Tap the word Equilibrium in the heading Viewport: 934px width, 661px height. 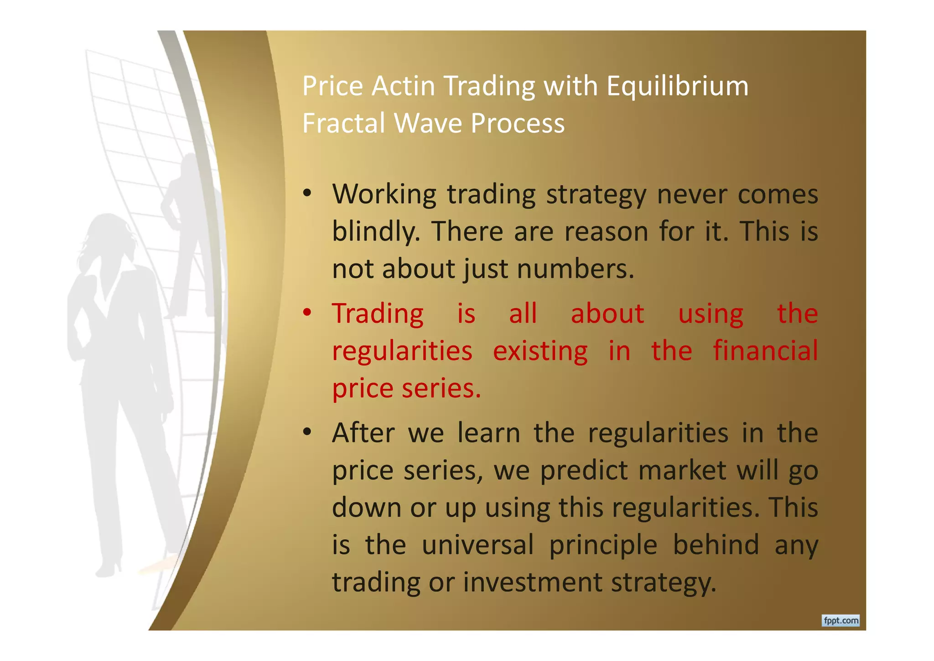coord(677,87)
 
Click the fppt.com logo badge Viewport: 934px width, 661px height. coord(841,620)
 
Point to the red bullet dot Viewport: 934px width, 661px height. coord(307,313)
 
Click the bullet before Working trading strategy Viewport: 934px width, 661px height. coord(307,194)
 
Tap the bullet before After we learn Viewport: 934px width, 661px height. coord(307,432)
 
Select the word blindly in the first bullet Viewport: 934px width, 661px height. coord(376,231)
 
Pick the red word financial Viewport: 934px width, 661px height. coord(765,351)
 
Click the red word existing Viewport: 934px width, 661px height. coord(540,351)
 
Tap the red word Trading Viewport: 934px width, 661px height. coord(378,314)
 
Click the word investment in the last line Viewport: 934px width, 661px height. coord(533,582)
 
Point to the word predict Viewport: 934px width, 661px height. coord(584,470)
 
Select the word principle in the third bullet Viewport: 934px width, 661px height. coord(603,546)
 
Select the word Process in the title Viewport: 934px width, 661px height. coord(518,123)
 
